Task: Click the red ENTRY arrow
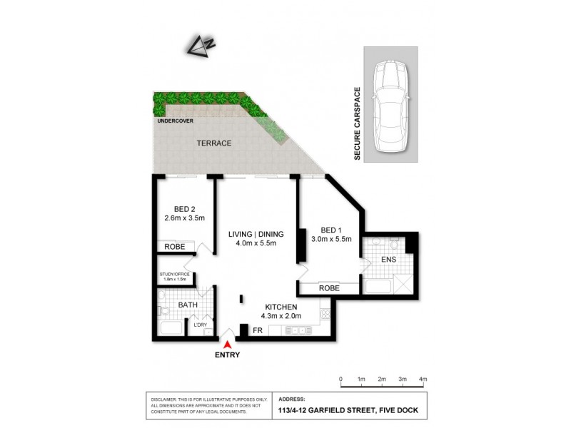tap(227, 344)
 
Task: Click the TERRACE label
tap(214, 143)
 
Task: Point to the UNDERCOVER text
tap(174, 121)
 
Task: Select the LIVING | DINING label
tap(256, 234)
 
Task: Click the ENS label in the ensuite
tap(388, 259)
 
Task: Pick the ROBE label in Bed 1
tap(328, 289)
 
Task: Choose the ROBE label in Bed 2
tap(175, 247)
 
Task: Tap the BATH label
tap(188, 305)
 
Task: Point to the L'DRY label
tap(199, 325)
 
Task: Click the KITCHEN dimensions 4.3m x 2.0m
tap(282, 315)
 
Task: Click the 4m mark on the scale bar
tap(423, 379)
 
